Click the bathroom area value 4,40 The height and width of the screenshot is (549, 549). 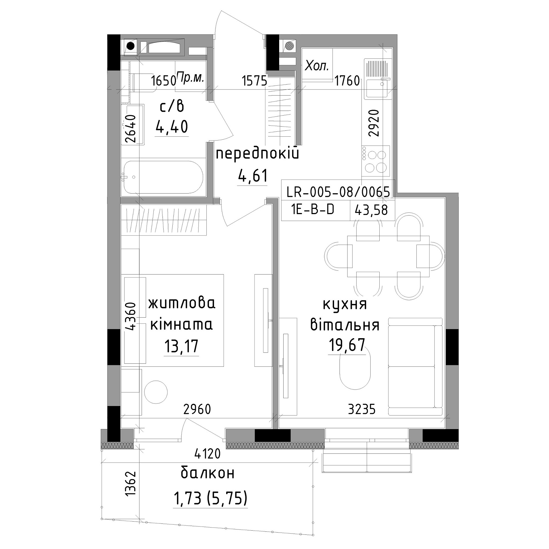pyautogui.click(x=172, y=127)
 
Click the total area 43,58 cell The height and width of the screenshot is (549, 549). pyautogui.click(x=371, y=210)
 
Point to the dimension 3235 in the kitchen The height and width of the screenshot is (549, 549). pyautogui.click(x=362, y=410)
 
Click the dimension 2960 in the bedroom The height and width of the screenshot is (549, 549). pyautogui.click(x=197, y=409)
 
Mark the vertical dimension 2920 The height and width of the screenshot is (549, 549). pyautogui.click(x=374, y=123)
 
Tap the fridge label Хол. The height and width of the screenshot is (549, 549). pyautogui.click(x=317, y=66)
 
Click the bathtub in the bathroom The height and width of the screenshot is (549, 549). pyautogui.click(x=163, y=177)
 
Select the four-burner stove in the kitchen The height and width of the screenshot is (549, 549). pyautogui.click(x=375, y=161)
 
